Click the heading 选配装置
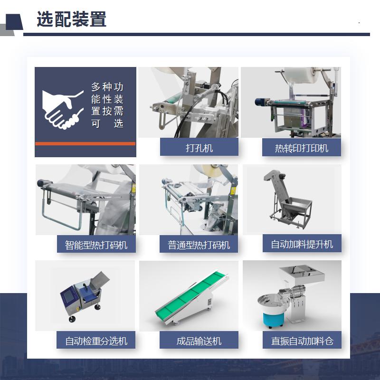point(72,19)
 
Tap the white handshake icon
point(63,110)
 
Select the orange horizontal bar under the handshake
point(85,143)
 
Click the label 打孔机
point(199,148)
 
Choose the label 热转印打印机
point(302,148)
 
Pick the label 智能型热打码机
point(96,245)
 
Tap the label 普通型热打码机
point(199,245)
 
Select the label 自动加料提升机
point(302,244)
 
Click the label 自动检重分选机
point(96,341)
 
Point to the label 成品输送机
point(199,341)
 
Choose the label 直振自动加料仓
point(302,341)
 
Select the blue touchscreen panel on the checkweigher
point(69,297)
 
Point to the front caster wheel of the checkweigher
point(72,319)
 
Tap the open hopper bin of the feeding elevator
point(298,207)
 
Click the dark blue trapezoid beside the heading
point(14,22)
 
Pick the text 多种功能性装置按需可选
point(107,104)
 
